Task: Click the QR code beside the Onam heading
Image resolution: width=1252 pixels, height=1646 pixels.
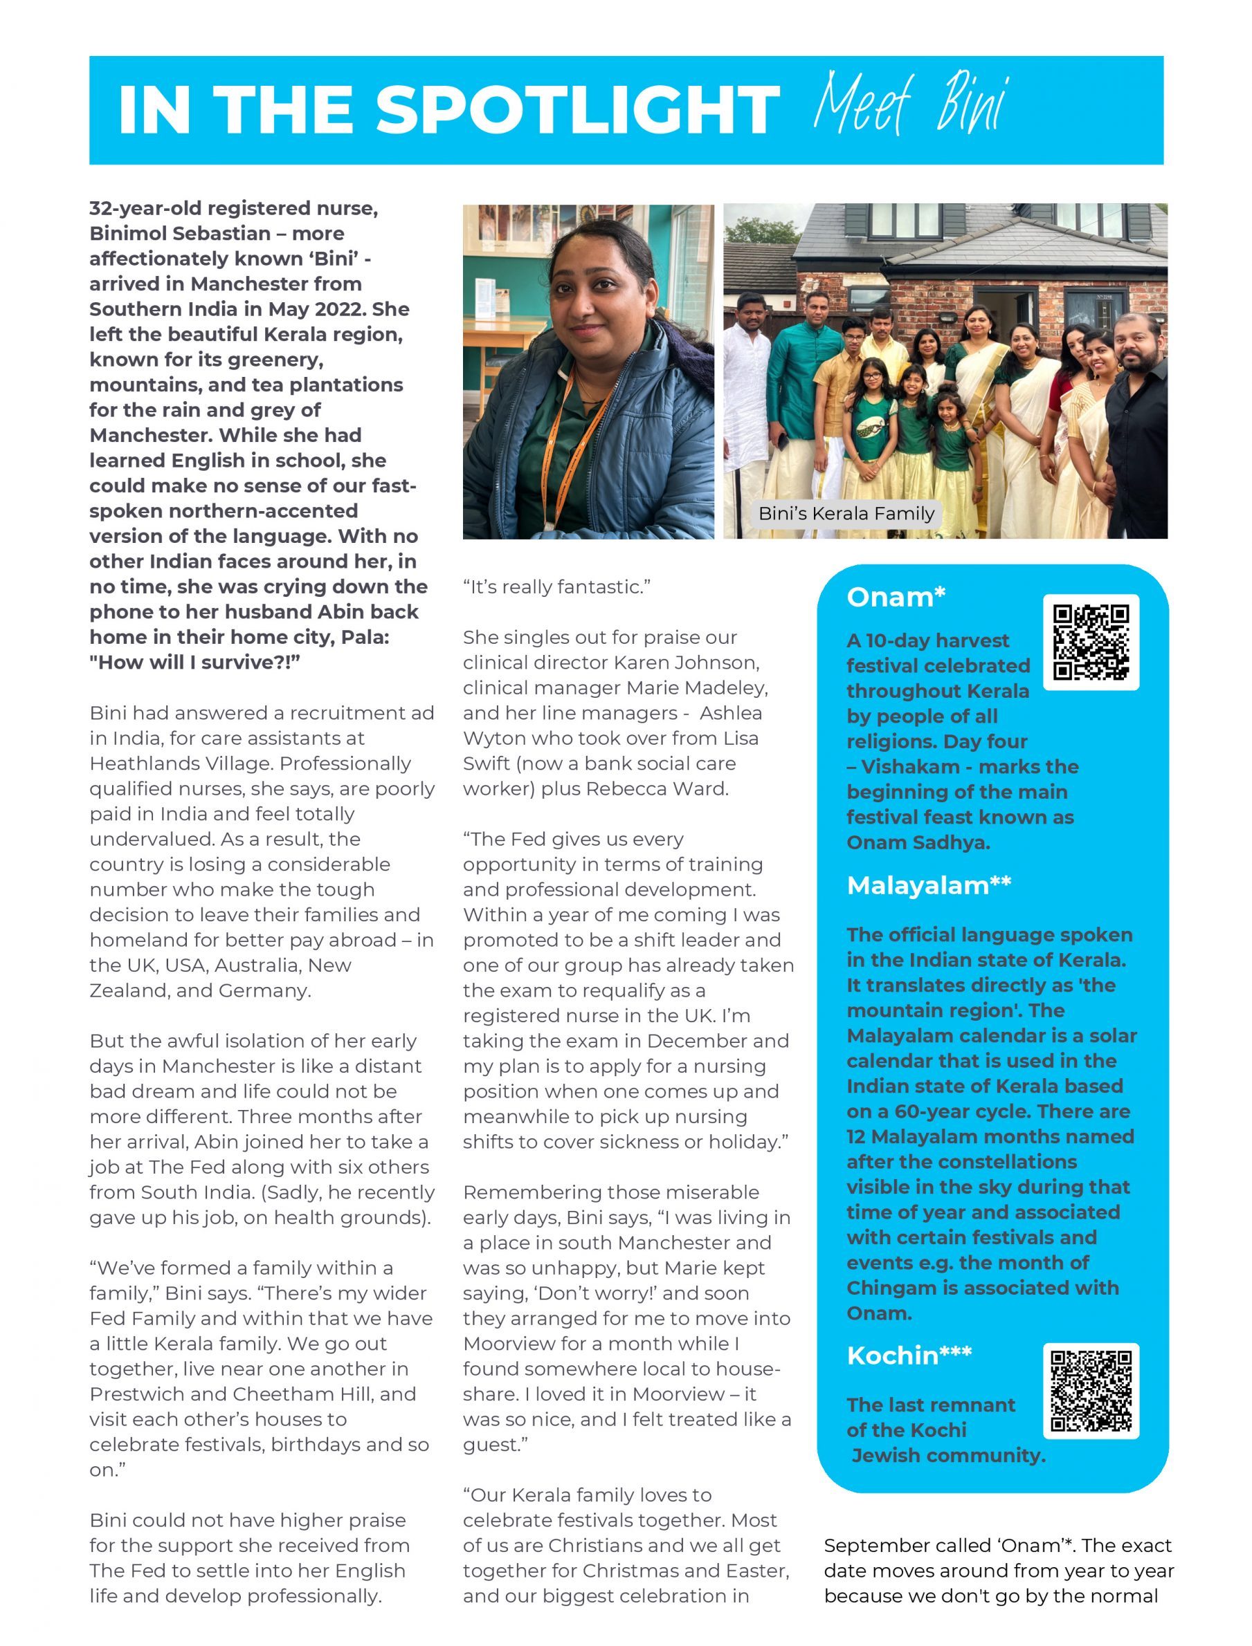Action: [x=1090, y=641]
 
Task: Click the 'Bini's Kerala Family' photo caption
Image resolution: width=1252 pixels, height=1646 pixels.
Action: [x=846, y=513]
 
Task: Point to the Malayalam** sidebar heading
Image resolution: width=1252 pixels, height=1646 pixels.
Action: [x=929, y=885]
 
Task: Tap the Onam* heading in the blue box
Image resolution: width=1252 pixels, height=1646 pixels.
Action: [x=896, y=597]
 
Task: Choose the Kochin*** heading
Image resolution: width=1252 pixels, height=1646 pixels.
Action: [x=909, y=1355]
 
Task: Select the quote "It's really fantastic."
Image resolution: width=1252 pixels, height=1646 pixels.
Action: [x=556, y=587]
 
